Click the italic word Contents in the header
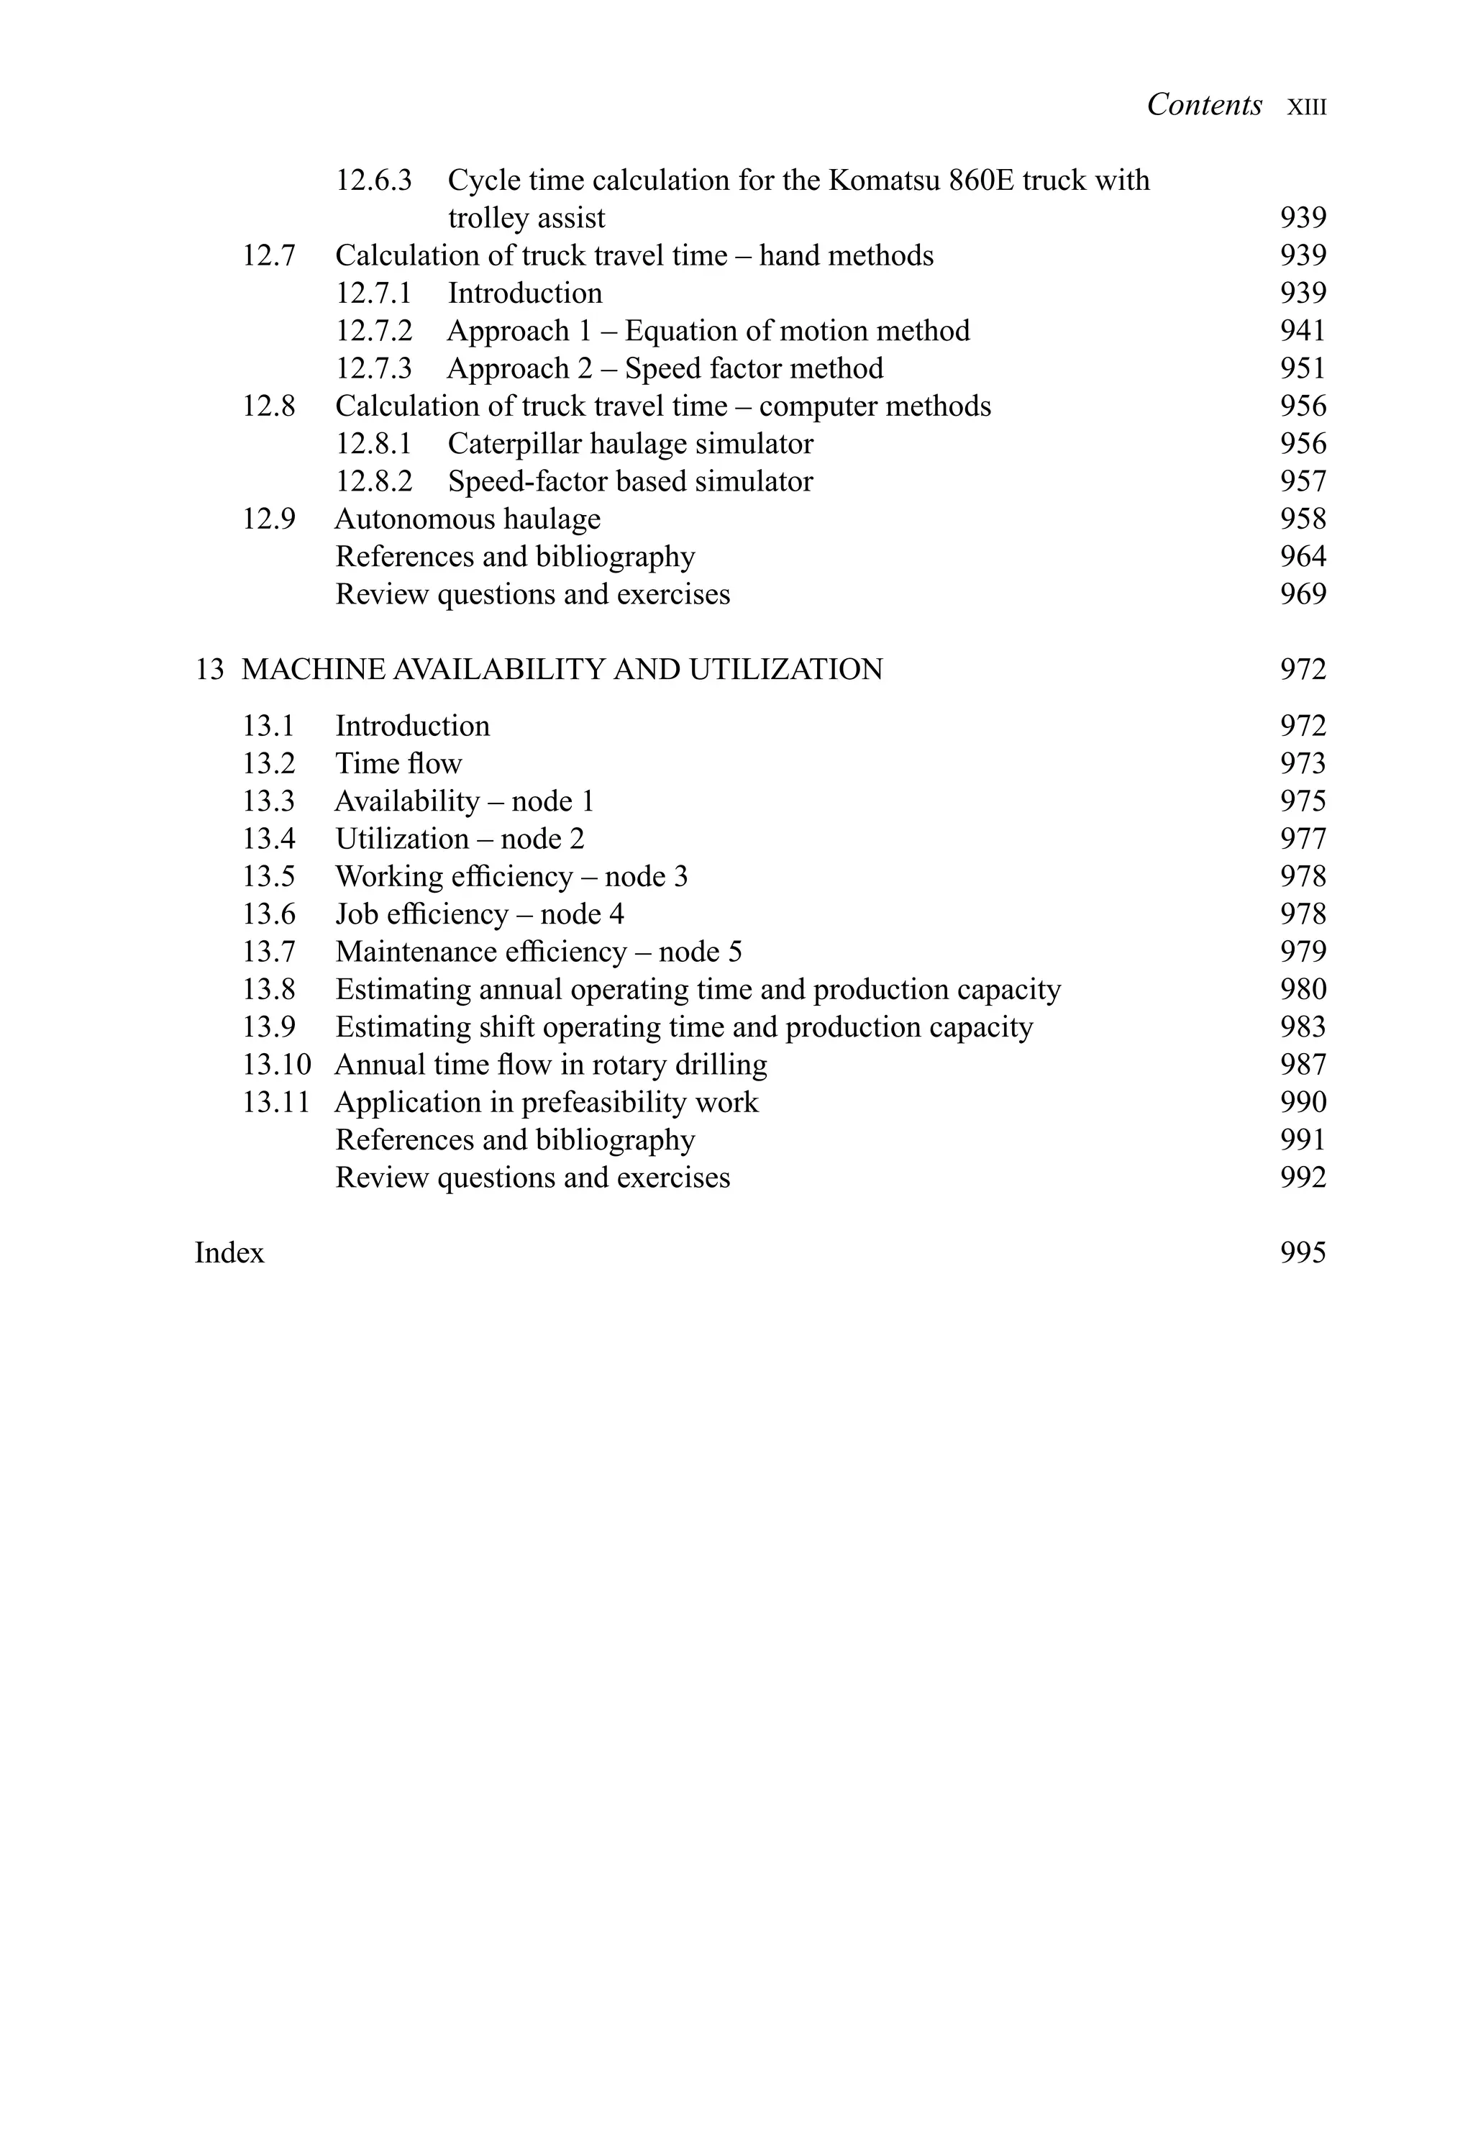(1203, 105)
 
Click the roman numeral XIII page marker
(1306, 107)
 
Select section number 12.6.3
(373, 180)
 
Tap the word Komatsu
(883, 180)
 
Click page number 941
(1303, 331)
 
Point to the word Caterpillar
(514, 444)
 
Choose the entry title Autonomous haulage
(467, 519)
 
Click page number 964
(1303, 557)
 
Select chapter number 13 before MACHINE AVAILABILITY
(209, 669)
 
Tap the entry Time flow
(398, 763)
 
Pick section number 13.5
(269, 876)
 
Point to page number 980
(1303, 989)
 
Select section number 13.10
(276, 1065)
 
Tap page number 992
(1303, 1178)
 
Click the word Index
(229, 1252)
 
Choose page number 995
(1303, 1252)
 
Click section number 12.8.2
(373, 482)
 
